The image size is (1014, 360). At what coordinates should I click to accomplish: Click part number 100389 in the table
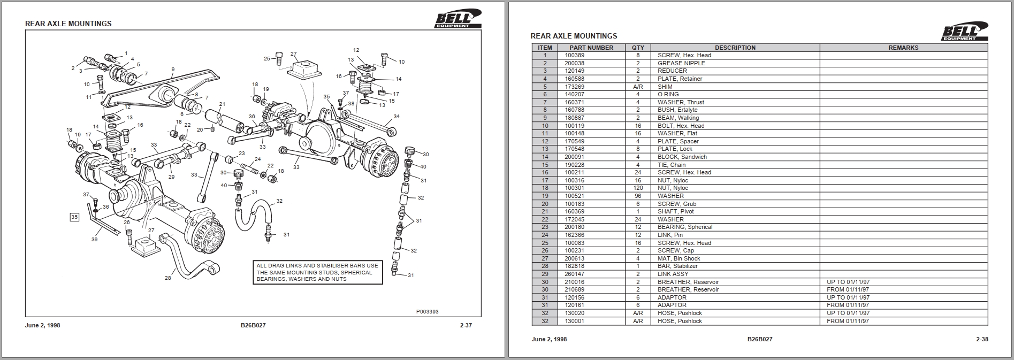coord(575,55)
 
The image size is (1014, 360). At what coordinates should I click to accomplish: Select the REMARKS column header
coord(903,48)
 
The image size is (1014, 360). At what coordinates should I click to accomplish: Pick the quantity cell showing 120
coord(638,188)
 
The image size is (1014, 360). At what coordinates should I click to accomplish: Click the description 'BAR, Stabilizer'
coord(677,266)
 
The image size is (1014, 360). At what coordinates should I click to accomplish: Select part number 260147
coord(575,274)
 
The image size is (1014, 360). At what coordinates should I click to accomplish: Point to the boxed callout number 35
coord(75,217)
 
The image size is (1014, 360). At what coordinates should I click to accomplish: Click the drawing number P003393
coord(427,312)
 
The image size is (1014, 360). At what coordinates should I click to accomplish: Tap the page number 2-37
coord(466,325)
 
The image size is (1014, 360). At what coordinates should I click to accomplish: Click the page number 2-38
coord(982,339)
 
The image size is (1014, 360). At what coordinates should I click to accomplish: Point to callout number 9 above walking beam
coord(173,70)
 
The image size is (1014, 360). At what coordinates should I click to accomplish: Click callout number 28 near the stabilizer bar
coord(168,278)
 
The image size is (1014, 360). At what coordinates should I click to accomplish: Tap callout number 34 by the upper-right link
coord(396,116)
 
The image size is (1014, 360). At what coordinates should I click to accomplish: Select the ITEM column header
coord(545,48)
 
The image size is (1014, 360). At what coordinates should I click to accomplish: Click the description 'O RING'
coord(668,94)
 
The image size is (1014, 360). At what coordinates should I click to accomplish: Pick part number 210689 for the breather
coord(575,289)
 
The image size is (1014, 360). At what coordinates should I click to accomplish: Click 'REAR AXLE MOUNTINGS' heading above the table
coord(574,36)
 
